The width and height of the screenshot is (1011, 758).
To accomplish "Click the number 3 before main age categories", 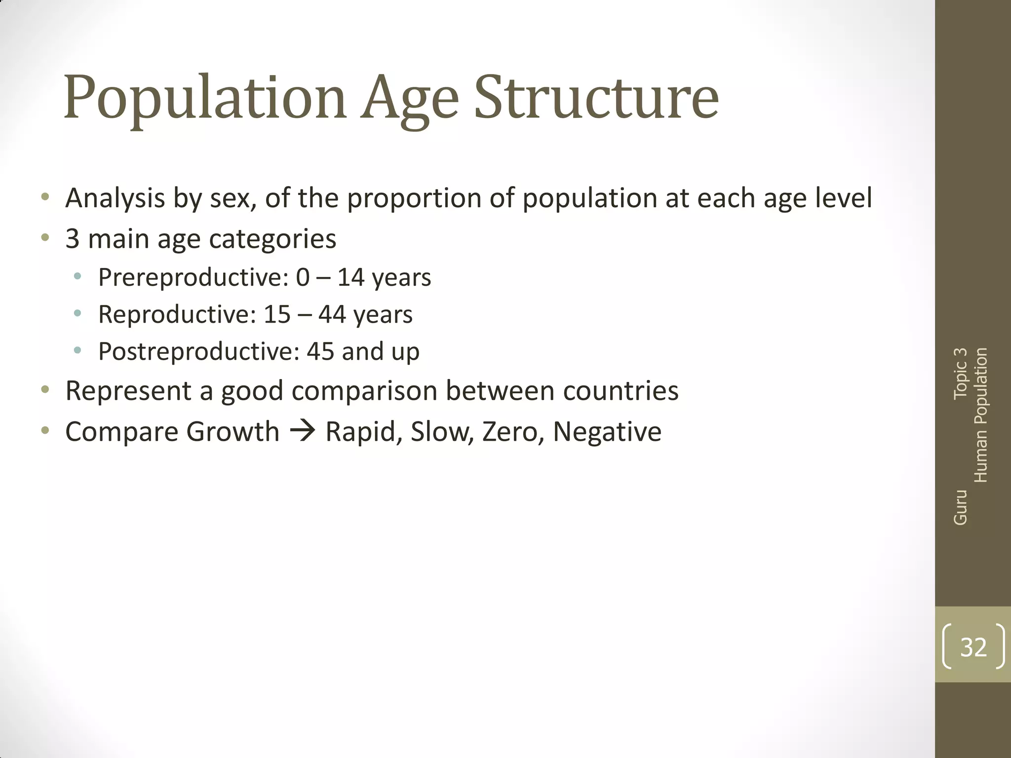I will point(72,239).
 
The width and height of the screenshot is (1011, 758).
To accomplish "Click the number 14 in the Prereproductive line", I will point(350,277).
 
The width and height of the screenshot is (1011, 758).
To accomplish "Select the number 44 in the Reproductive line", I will point(332,314).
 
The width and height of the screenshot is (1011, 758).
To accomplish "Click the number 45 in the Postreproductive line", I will point(320,351).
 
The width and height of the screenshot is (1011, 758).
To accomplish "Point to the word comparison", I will point(364,391).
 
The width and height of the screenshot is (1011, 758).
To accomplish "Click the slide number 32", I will point(973,646).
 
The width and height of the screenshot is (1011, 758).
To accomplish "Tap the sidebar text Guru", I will point(960,507).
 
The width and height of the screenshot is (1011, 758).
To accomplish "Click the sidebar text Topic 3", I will point(960,373).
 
